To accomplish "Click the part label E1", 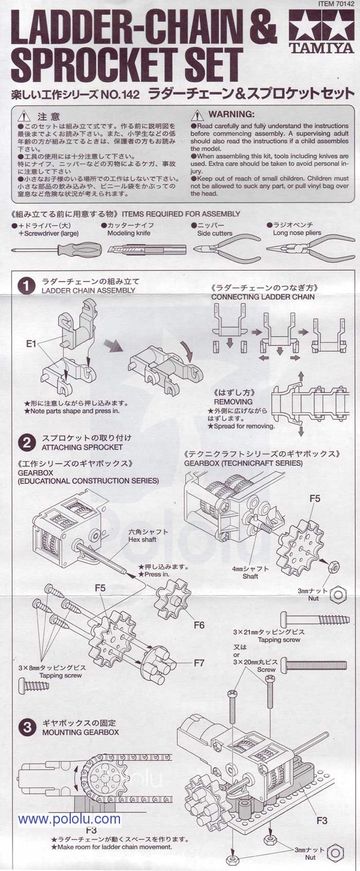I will tap(32, 343).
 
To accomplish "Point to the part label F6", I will tap(199, 625).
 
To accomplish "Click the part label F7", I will tap(199, 663).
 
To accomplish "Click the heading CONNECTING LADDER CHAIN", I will tap(263, 297).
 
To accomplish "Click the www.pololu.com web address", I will tap(69, 819).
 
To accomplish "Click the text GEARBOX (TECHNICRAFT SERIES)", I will tap(244, 463).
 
